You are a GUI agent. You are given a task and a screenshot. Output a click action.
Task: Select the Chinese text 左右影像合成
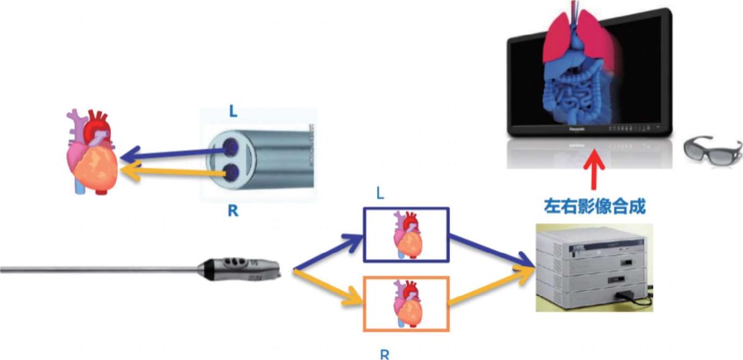tap(594, 207)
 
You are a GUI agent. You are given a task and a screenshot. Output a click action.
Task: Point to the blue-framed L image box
tap(406, 234)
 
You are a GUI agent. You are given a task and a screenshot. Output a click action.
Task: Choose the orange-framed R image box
tap(406, 304)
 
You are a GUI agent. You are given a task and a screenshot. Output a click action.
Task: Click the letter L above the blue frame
tap(380, 193)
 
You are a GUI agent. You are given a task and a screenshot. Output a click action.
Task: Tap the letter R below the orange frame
tap(384, 354)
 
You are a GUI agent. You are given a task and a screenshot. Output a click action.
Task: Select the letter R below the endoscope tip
tap(233, 211)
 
